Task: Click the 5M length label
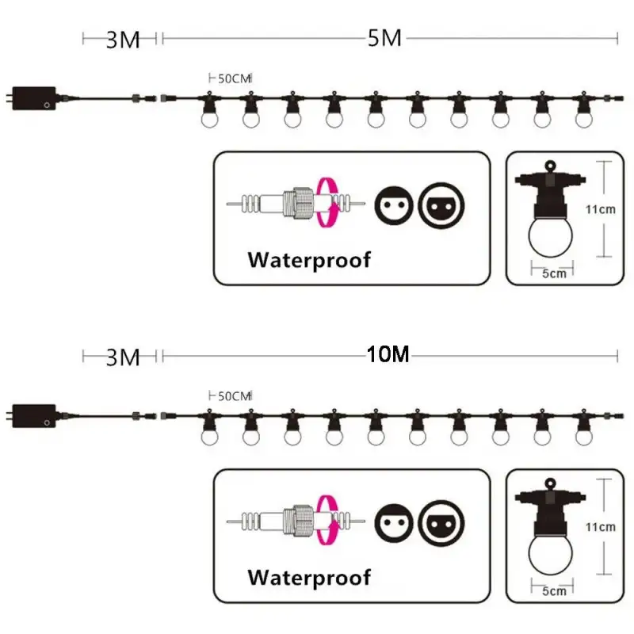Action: click(384, 39)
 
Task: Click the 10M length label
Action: click(388, 354)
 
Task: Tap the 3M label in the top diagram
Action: click(123, 40)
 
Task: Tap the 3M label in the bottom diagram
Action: click(123, 358)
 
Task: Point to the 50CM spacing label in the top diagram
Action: click(235, 78)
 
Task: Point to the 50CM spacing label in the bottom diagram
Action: click(235, 396)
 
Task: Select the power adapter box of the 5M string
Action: click(34, 98)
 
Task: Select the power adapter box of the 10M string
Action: click(34, 416)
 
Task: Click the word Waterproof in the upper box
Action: click(309, 260)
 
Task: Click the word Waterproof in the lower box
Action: click(309, 578)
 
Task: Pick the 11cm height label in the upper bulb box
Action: click(601, 209)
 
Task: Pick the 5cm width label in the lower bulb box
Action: click(554, 591)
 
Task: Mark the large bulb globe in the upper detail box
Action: click(551, 236)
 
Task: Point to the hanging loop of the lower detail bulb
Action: click(550, 483)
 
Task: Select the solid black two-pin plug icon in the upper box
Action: click(394, 206)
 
